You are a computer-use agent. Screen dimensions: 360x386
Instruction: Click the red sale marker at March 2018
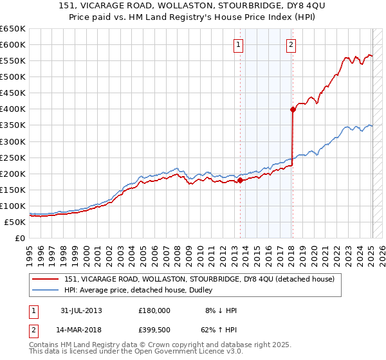click(293, 109)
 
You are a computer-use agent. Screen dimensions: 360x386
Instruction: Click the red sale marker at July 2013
click(240, 180)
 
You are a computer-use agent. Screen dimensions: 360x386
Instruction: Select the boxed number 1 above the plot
click(239, 45)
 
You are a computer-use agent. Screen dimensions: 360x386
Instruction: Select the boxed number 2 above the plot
click(291, 45)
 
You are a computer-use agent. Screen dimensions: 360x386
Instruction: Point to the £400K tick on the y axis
click(12, 109)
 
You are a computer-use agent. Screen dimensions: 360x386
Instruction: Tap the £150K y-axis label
click(12, 190)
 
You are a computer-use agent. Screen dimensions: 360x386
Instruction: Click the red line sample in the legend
click(46, 279)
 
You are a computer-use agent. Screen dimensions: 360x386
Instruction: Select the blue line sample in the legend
click(46, 290)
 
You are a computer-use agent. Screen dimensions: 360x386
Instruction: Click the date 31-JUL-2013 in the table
click(81, 310)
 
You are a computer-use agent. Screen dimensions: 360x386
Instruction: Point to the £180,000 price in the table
click(154, 310)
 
